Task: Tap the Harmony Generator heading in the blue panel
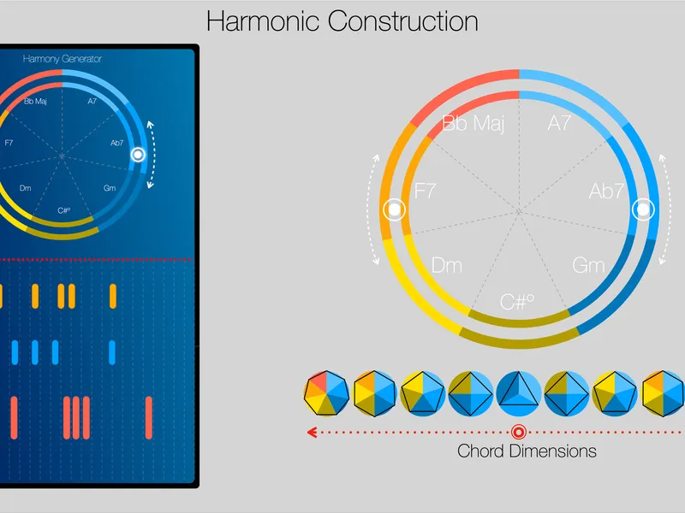pyautogui.click(x=62, y=59)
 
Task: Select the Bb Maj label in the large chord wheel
pyautogui.click(x=474, y=123)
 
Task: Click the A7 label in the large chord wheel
pyautogui.click(x=559, y=123)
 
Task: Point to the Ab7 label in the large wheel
pyautogui.click(x=606, y=191)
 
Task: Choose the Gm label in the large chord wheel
pyautogui.click(x=588, y=265)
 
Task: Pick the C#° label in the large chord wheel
pyautogui.click(x=517, y=302)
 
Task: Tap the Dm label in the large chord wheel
pyautogui.click(x=446, y=265)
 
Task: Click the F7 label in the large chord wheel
pyautogui.click(x=425, y=191)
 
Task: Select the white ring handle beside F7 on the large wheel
pyautogui.click(x=394, y=209)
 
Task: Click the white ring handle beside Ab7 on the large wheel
pyautogui.click(x=643, y=209)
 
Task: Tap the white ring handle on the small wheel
pyautogui.click(x=138, y=155)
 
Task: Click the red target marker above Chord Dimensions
pyautogui.click(x=519, y=433)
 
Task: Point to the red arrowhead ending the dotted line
pyautogui.click(x=312, y=433)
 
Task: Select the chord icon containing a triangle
pyautogui.click(x=519, y=393)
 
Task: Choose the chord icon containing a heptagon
pyautogui.click(x=326, y=393)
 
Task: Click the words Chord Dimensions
pyautogui.click(x=527, y=451)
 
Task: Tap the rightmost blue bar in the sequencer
pyautogui.click(x=112, y=352)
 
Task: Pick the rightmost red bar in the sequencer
pyautogui.click(x=149, y=417)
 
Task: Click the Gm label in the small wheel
pyautogui.click(x=110, y=188)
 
